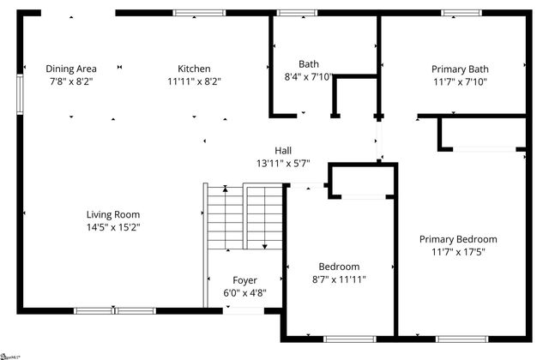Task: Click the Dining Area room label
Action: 71,69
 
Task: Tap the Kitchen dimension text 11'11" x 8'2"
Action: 194,81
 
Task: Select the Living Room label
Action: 112,214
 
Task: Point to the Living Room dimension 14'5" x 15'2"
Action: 112,227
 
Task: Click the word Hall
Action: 282,150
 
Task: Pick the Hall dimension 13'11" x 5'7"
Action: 282,163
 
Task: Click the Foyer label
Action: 244,280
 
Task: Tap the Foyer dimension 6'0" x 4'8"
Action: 244,293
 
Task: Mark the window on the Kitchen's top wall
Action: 199,13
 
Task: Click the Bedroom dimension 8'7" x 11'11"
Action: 339,279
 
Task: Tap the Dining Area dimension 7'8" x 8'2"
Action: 71,81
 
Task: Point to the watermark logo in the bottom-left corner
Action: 10,355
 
